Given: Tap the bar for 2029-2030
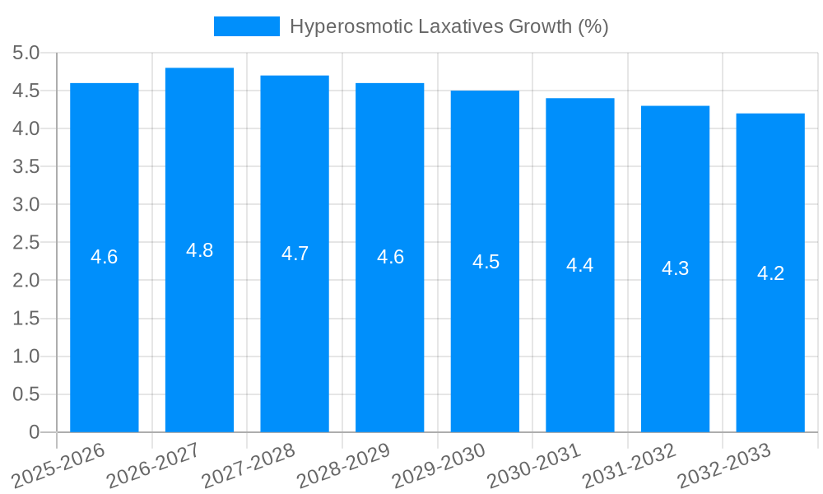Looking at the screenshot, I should tap(485, 329).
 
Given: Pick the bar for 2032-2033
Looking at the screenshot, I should tap(770, 346).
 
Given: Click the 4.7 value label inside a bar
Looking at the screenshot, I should tap(295, 254).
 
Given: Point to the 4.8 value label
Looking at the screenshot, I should tap(199, 250).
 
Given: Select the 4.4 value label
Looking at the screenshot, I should tap(580, 265).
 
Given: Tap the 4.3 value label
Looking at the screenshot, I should tap(676, 268).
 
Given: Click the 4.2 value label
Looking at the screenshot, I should tap(770, 273).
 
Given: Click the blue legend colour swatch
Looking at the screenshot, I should tap(246, 26).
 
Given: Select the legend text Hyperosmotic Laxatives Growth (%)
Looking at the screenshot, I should tap(449, 26).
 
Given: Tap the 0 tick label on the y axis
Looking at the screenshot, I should tap(34, 432).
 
